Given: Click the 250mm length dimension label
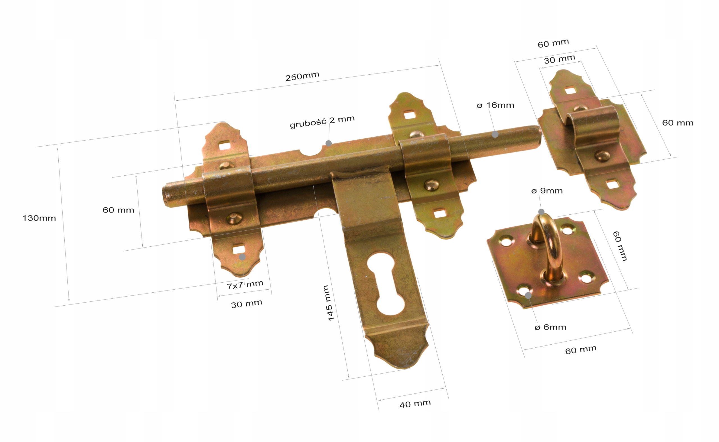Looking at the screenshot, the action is click(x=302, y=76).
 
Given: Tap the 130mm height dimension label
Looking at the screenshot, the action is click(x=39, y=218).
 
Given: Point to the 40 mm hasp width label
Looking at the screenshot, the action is click(x=415, y=404).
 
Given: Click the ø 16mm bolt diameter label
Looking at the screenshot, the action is click(x=495, y=105).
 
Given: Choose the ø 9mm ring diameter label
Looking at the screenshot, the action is click(x=547, y=191).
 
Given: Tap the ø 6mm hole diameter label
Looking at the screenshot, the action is click(x=550, y=327).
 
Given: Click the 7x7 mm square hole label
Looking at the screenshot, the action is click(x=245, y=285).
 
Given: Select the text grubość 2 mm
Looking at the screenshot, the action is click(x=322, y=122).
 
